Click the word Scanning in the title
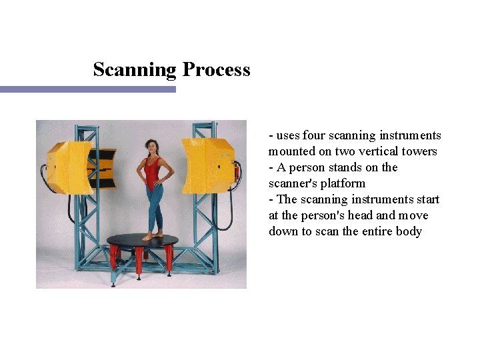pos(134,70)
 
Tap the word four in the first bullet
pos(314,135)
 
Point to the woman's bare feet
pos(152,235)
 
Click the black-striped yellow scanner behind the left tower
pos(105,163)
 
